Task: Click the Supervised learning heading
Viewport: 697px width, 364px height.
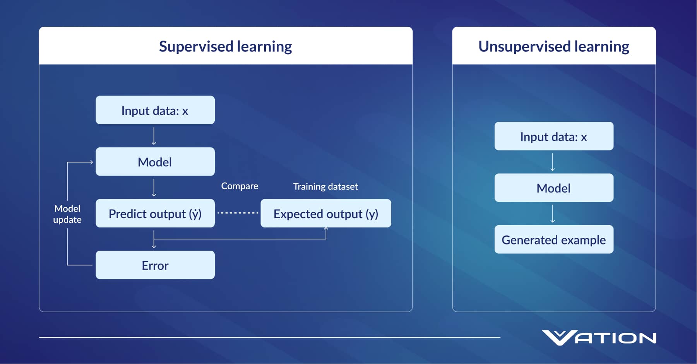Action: [225, 46]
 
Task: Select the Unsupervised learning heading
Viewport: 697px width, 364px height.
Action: [553, 46]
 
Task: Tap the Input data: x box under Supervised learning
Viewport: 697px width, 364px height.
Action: [155, 110]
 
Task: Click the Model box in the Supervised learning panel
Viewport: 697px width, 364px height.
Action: [155, 162]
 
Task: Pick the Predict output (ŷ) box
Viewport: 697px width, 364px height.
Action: [155, 214]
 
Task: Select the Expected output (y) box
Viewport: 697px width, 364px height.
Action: [325, 214]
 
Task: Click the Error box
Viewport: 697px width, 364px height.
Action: [155, 265]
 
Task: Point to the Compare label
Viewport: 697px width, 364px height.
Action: [240, 186]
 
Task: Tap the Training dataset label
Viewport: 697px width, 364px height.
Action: [325, 186]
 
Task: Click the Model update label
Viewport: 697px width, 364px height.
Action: [67, 214]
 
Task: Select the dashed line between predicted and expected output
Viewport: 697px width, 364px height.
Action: [238, 213]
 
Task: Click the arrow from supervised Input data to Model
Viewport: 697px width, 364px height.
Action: [154, 136]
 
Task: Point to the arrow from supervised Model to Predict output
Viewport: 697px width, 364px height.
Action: [154, 188]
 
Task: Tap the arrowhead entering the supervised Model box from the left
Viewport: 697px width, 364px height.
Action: [91, 162]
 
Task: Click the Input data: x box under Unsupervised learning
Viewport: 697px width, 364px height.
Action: [553, 136]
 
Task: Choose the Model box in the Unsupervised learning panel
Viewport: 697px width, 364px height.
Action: [553, 188]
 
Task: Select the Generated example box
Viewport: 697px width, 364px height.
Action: [553, 239]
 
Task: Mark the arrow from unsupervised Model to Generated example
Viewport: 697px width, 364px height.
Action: [553, 214]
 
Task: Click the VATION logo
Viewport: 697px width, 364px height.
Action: [599, 338]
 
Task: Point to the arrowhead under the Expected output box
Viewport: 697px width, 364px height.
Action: [326, 229]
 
